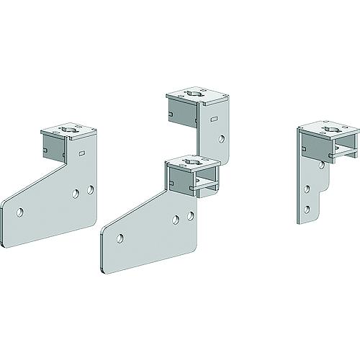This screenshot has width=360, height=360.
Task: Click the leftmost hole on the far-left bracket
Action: (21, 212)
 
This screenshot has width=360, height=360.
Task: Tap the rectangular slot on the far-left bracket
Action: (81, 153)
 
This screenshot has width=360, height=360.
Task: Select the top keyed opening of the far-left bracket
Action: (69, 130)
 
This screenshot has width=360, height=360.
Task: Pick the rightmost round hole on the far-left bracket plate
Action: (90, 189)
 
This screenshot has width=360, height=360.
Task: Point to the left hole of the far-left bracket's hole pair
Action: (77, 193)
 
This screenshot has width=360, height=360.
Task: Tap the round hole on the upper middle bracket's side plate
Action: (222, 137)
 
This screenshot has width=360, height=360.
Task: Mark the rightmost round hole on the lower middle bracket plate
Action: (191, 215)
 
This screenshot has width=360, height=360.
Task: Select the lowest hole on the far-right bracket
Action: (307, 209)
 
